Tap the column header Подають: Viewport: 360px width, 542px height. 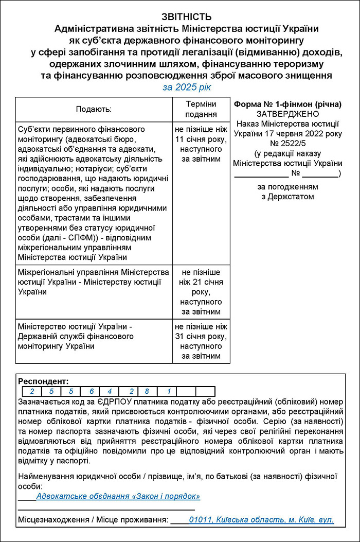coord(94,109)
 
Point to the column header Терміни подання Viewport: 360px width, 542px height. coord(201,109)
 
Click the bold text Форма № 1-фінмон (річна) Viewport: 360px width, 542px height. coord(287,104)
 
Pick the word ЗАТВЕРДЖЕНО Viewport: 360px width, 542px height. coord(287,114)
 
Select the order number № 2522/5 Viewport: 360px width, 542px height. coord(287,143)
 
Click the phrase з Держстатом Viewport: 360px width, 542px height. coord(287,196)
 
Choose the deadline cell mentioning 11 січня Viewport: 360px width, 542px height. coord(201,144)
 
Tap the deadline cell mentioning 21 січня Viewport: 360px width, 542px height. coord(201,292)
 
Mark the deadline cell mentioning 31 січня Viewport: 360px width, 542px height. coord(201,341)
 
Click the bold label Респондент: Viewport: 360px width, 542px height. coord(43,381)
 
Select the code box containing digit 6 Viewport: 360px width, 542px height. coord(91,391)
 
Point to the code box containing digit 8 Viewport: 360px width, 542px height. coord(147,391)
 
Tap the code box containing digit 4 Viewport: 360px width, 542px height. coord(110,391)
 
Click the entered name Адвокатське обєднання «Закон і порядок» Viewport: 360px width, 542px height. coord(118,496)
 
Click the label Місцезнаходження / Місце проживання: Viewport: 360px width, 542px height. coord(93,520)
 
